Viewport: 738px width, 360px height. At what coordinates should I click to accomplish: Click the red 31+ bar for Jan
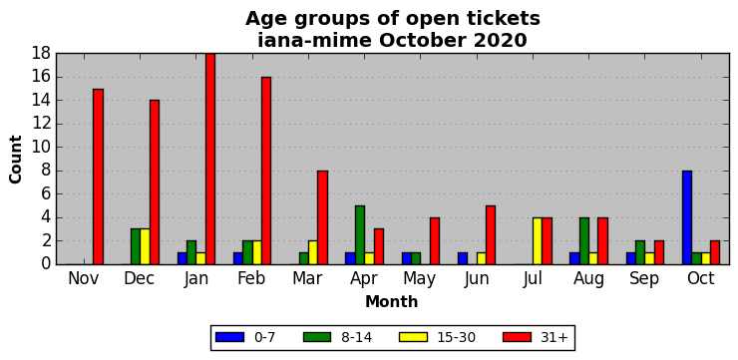pos(210,160)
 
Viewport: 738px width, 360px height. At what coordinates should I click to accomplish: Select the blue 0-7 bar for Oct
pos(687,217)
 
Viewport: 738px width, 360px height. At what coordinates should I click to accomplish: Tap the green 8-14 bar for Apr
pos(360,235)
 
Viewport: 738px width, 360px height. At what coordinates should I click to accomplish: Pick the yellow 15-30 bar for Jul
pos(538,241)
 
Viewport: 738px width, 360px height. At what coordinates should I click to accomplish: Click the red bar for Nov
pos(99,177)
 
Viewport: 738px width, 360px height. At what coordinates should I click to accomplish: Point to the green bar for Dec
pos(136,246)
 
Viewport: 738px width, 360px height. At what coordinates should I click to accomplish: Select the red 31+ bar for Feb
pos(266,171)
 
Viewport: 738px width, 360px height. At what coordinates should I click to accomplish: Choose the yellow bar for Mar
pos(313,252)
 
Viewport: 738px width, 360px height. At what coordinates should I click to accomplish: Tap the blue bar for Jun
pos(463,258)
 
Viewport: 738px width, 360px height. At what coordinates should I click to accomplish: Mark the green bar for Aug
pos(584,241)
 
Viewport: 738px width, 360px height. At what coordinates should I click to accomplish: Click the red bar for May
pos(435,241)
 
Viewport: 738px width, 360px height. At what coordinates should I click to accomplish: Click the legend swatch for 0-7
pos(229,337)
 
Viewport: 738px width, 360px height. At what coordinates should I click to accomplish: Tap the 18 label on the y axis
pos(41,54)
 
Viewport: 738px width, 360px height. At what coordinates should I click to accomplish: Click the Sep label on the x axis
pos(644,278)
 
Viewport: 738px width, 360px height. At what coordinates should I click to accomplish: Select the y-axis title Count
pos(16,160)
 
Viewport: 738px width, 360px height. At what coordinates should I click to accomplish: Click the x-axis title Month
pos(392,301)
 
